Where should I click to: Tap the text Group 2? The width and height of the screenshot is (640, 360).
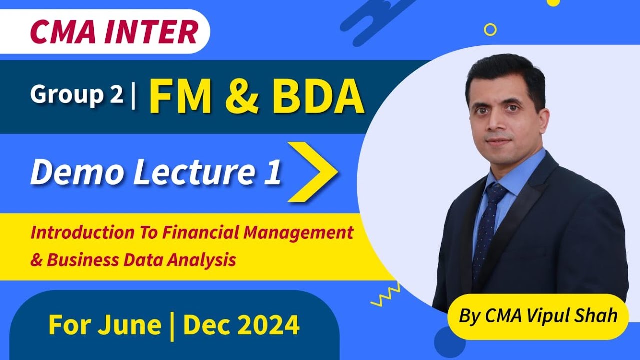point(76,95)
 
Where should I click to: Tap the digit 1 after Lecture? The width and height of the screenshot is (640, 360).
point(272,173)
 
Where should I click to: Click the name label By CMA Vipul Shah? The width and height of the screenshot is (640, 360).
point(538,316)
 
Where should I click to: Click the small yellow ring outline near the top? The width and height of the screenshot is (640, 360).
point(490,30)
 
